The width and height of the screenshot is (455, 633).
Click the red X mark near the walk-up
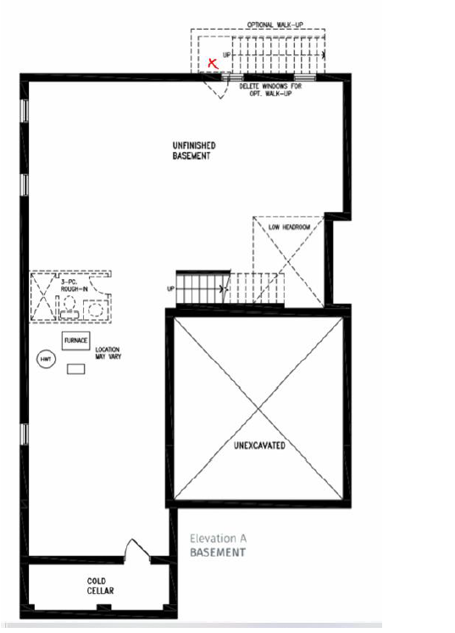pyautogui.click(x=213, y=63)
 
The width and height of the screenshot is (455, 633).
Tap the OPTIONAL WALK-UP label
pyautogui.click(x=275, y=25)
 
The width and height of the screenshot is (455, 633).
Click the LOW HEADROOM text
pyautogui.click(x=290, y=227)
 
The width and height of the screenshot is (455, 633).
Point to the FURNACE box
pyautogui.click(x=75, y=341)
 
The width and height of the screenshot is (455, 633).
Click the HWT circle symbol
pyautogui.click(x=46, y=359)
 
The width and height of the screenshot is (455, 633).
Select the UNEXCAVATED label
pyautogui.click(x=259, y=445)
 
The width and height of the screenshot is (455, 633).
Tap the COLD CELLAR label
pyautogui.click(x=100, y=585)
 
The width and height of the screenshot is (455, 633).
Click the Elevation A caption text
pyautogui.click(x=218, y=538)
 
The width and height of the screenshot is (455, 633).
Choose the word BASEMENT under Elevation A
pyautogui.click(x=218, y=552)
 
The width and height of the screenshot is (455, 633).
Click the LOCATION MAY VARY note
pyautogui.click(x=108, y=353)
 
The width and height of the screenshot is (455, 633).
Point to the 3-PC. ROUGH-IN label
pyautogui.click(x=74, y=285)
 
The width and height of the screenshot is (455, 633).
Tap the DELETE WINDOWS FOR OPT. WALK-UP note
pyautogui.click(x=270, y=90)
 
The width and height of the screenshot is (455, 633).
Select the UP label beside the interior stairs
pyautogui.click(x=171, y=289)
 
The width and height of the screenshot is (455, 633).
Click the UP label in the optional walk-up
pyautogui.click(x=227, y=54)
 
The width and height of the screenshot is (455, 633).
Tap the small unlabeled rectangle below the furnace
pyautogui.click(x=75, y=369)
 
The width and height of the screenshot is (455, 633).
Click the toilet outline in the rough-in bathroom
pyautogui.click(x=69, y=309)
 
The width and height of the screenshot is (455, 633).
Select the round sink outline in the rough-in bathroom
pyautogui.click(x=96, y=310)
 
